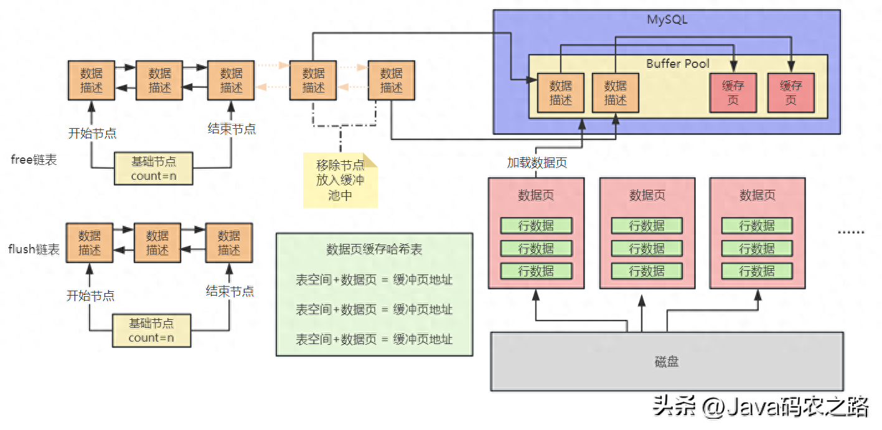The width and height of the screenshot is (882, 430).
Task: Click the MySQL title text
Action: pos(667,19)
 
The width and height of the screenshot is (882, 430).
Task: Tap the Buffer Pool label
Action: pos(678,63)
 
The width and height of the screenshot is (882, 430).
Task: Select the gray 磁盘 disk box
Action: pos(667,362)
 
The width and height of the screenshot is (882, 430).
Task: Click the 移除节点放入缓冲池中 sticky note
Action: pos(340,180)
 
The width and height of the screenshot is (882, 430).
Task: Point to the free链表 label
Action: pos(34,160)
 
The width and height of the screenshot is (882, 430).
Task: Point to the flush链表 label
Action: pos(34,250)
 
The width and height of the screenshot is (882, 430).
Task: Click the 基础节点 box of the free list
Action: pos(153,168)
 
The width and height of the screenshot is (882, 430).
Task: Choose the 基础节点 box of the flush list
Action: pos(151,330)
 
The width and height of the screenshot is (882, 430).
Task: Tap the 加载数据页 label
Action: pos(537,163)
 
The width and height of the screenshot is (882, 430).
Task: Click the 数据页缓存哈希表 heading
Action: pos(374,250)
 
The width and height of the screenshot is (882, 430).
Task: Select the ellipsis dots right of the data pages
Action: pos(850,231)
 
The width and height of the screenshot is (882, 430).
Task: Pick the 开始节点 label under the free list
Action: pos(92,133)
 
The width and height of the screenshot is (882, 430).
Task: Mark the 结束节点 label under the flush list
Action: pos(230,291)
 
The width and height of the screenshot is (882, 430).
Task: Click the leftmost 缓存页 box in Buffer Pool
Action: pos(733,93)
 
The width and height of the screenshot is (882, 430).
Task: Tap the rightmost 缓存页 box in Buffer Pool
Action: pos(791,93)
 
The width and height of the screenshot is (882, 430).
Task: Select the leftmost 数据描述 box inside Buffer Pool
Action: pos(560,93)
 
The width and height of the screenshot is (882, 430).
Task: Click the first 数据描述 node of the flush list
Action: pos(90,243)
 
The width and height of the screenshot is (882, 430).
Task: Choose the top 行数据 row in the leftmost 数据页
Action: pos(536,225)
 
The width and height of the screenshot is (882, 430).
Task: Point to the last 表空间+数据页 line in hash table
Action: pos(374,339)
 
